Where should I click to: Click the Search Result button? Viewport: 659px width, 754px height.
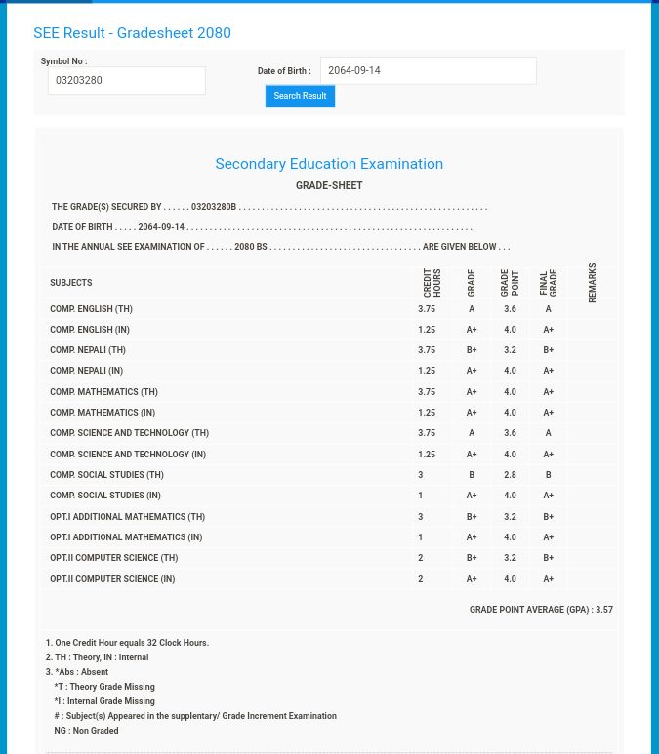pos(300,96)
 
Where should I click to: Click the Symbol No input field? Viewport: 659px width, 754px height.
pos(126,80)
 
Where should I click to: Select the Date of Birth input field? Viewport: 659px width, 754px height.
pos(428,70)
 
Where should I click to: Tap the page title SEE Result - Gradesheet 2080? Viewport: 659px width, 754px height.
pos(132,33)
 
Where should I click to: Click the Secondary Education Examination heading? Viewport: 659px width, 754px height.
pos(329,164)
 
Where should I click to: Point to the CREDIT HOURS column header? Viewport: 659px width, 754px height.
pos(432,282)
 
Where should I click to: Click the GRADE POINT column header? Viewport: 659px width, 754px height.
pos(510,282)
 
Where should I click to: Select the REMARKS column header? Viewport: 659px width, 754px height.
pos(592,282)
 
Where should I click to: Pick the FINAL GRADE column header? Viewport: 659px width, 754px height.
pos(548,282)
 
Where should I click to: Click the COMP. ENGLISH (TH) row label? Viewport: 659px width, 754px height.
pos(91,309)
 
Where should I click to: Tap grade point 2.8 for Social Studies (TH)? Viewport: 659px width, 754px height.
pos(510,475)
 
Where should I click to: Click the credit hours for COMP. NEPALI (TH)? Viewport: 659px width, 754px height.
pos(427,350)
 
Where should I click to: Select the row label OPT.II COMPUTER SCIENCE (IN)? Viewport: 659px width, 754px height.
pos(112,579)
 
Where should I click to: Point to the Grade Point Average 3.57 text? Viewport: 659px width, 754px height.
pos(541,610)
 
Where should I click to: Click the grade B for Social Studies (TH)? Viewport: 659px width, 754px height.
pos(472,475)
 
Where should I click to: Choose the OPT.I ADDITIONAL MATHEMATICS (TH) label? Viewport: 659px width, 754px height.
pos(127,517)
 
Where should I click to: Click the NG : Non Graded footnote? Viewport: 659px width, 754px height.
pos(86,731)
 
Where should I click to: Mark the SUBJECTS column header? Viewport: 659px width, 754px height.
pos(70,283)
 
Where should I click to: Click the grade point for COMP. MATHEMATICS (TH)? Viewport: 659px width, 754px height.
pos(510,392)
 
